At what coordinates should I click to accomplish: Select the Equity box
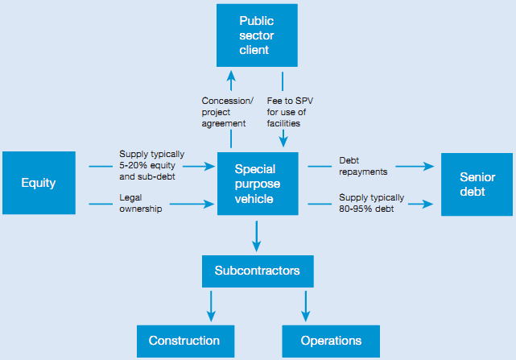coord(39,183)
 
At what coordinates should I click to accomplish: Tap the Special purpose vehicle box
coord(256,183)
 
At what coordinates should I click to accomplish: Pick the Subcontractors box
coord(257,271)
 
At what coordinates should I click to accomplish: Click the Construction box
coord(184,341)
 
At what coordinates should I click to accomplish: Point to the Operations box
coord(331,341)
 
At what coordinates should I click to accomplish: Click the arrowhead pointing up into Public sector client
coord(231,76)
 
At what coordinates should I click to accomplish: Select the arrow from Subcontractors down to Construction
coord(211,305)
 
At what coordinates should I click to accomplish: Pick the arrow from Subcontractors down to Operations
coord(306,305)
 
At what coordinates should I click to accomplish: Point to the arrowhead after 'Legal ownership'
coord(210,205)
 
